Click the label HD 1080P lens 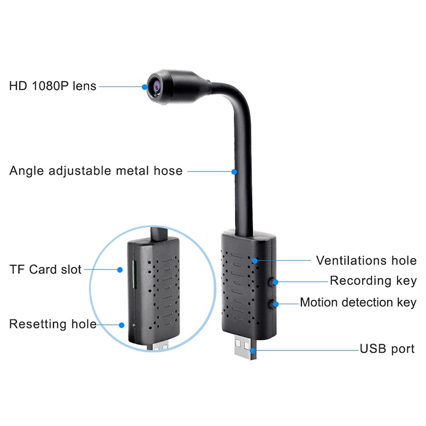point(53,85)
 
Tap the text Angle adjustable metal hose point(96,171)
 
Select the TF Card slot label point(45,269)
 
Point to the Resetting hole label point(53,324)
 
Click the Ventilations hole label point(366,260)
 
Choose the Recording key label point(373,281)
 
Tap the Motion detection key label point(358,302)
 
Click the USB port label point(387,349)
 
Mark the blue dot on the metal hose point(234,171)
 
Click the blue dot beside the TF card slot point(120,269)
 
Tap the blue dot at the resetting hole point(122,324)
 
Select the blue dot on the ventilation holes point(256,260)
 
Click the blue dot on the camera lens point(145,86)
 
